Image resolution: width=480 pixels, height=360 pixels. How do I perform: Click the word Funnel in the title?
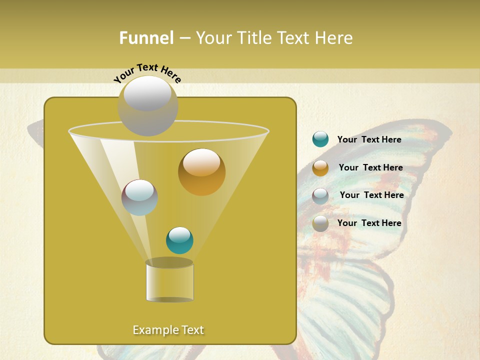point(146,38)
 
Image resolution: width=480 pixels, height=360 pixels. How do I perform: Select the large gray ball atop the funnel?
point(147,105)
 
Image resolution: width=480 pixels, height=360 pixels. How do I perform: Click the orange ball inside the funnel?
point(201,171)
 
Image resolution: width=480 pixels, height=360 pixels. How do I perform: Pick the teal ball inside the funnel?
point(179,240)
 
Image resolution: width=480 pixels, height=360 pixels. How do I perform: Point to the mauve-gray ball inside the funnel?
point(139,197)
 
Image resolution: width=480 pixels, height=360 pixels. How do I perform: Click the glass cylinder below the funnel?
point(169,283)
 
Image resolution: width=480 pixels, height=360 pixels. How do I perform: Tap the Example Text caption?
point(168,330)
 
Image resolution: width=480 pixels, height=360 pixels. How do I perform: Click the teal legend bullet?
point(320,139)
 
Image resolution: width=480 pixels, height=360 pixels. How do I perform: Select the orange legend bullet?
point(320,167)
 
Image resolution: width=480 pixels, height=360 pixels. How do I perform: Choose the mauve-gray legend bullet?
point(320,195)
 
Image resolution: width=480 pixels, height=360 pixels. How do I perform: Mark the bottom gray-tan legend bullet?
point(320,223)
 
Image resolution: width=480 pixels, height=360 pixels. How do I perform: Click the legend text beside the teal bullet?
point(369,139)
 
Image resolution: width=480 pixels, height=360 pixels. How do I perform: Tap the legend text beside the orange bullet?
point(370,167)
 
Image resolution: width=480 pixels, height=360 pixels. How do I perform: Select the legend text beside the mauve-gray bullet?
point(371,195)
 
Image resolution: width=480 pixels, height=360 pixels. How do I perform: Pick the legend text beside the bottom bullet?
point(369,223)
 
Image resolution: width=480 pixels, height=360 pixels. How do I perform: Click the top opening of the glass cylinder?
point(169,262)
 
